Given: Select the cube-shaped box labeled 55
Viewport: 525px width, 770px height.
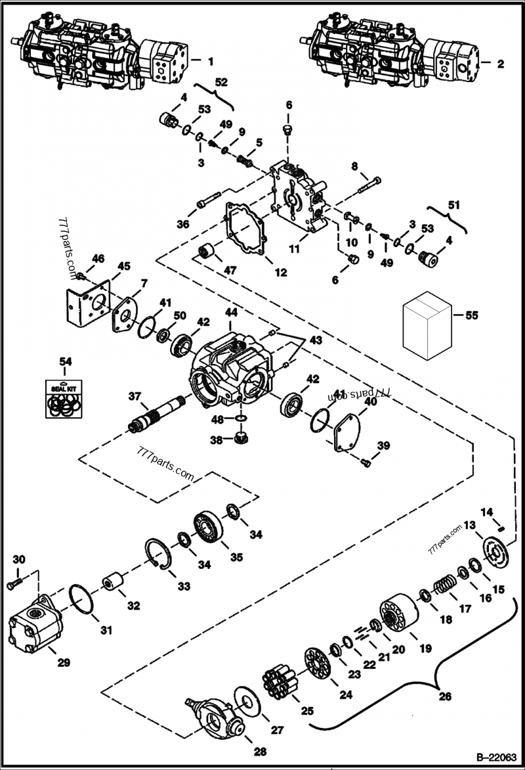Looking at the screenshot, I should point(427,325).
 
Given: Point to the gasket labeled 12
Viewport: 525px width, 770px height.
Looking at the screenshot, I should point(246,229).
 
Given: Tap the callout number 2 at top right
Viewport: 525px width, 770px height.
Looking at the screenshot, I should point(500,64).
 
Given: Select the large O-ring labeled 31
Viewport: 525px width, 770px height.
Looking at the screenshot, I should point(79,600).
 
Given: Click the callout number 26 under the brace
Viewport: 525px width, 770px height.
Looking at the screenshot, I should point(445,697).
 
